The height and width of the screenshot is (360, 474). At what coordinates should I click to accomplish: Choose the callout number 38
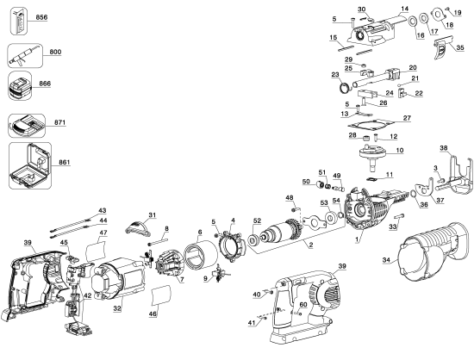point(444,149)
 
